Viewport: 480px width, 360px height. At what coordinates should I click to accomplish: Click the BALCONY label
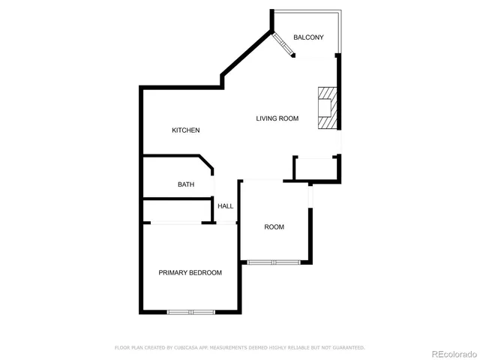[308, 37]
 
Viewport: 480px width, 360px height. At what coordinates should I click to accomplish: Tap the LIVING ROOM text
[277, 118]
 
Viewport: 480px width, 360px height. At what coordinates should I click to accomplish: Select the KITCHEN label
[186, 130]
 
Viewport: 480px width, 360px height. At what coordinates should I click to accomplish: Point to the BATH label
[186, 184]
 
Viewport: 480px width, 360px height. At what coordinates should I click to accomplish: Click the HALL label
[225, 206]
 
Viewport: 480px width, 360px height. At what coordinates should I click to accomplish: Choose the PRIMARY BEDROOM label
[190, 273]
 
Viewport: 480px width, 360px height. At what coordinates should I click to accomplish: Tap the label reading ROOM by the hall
[274, 227]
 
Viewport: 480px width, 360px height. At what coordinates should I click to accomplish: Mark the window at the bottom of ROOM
[274, 262]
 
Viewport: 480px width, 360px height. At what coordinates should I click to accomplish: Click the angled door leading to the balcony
[283, 45]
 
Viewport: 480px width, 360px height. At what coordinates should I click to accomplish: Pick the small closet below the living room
[315, 169]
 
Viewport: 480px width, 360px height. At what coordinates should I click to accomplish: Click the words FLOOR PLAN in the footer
[127, 348]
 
